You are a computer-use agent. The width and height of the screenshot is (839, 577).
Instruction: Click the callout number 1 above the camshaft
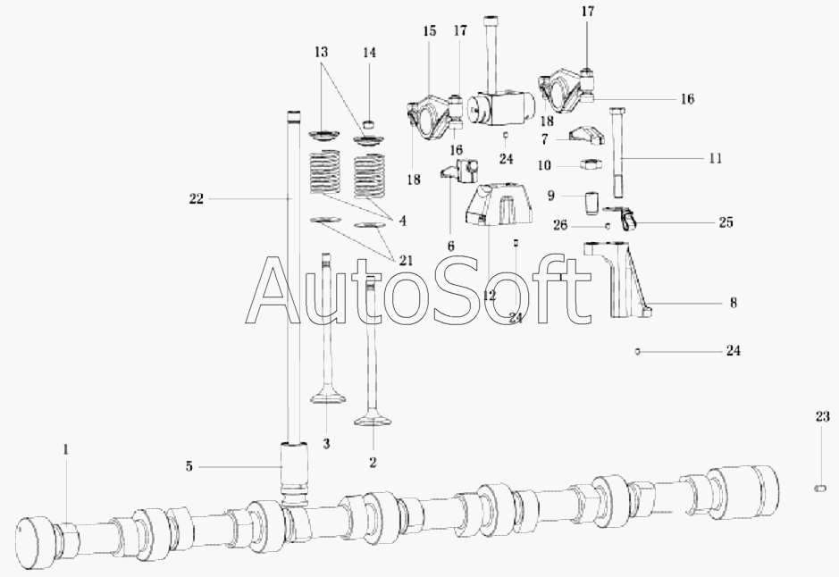66,450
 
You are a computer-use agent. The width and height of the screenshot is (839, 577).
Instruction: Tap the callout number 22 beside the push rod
197,199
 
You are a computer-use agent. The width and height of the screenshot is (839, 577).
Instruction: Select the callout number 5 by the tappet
189,467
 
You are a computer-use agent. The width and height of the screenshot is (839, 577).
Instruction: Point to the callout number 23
822,416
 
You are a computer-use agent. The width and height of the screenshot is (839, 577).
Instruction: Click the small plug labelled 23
819,488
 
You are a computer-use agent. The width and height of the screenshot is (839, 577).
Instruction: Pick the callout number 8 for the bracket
734,303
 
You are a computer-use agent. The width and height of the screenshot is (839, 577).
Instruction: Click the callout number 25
726,222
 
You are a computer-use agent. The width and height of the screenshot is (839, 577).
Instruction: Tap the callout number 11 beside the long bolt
716,158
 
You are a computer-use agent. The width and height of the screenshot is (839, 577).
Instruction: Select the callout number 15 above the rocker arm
430,31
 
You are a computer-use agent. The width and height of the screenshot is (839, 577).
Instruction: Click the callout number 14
369,53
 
